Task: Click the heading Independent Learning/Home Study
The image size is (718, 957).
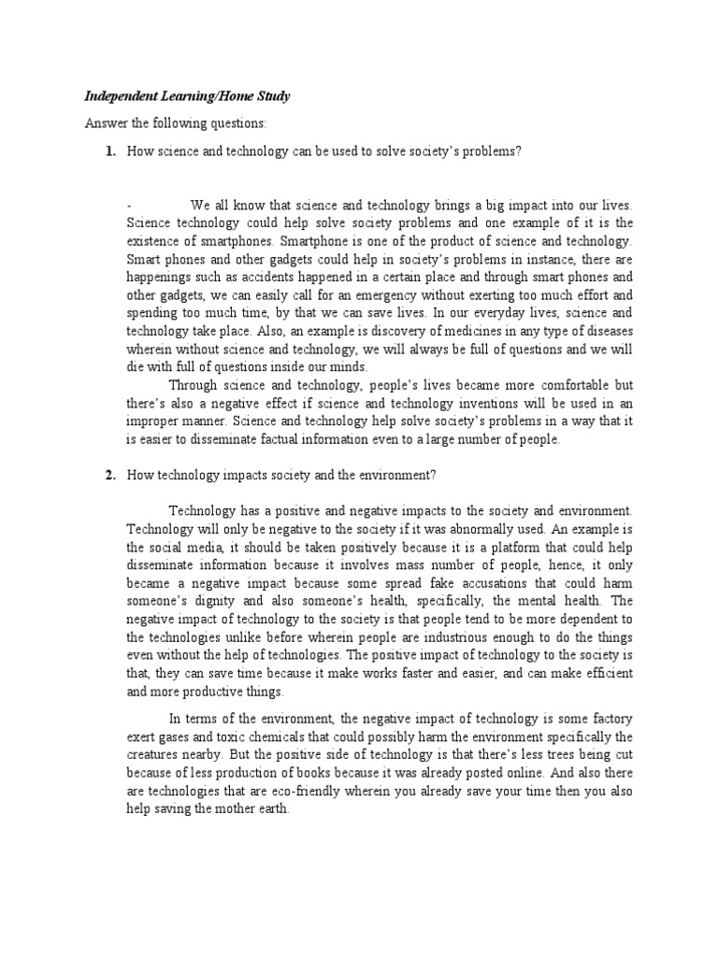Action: [x=186, y=95]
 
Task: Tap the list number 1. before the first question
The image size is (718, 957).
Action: [x=110, y=152]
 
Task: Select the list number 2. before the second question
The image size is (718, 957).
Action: [x=110, y=475]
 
